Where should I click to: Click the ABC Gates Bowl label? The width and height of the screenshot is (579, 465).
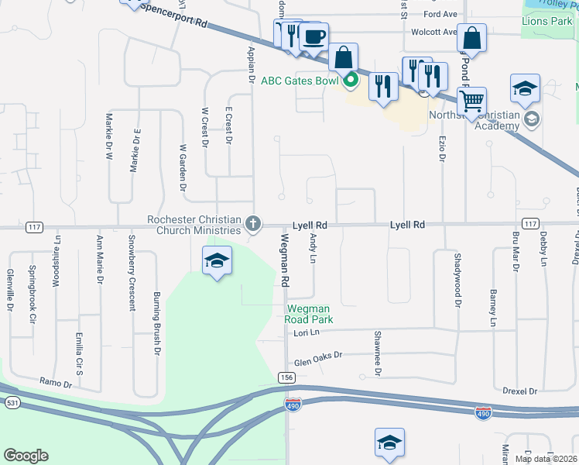pyautogui.click(x=300, y=79)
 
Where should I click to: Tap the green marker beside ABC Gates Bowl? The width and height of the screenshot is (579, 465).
pyautogui.click(x=350, y=79)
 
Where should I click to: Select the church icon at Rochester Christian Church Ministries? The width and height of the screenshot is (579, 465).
pyautogui.click(x=252, y=225)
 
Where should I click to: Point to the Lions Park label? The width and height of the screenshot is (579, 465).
pyautogui.click(x=546, y=21)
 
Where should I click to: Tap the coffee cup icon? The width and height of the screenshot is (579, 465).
pyautogui.click(x=313, y=37)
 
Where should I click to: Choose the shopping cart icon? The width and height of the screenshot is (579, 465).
pyautogui.click(x=471, y=101)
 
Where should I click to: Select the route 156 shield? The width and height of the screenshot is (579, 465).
pyautogui.click(x=287, y=377)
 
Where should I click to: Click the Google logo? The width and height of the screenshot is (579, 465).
pyautogui.click(x=26, y=455)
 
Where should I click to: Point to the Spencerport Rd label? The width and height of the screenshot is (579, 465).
pyautogui.click(x=175, y=15)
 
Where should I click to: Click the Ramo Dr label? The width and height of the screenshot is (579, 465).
pyautogui.click(x=56, y=383)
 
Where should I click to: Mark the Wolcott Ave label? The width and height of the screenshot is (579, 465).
pyautogui.click(x=434, y=32)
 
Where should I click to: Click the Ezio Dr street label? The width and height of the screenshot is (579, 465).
pyautogui.click(x=443, y=148)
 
